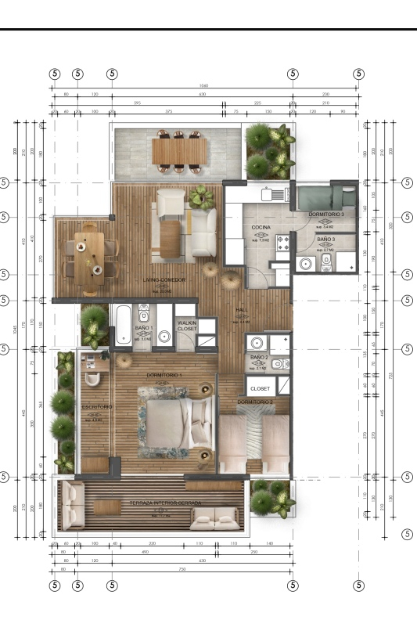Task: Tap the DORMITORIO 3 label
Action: click(x=326, y=214)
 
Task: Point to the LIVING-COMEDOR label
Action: click(x=164, y=279)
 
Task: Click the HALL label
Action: click(x=242, y=310)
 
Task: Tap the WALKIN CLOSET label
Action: click(x=187, y=326)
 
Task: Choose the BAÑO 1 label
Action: click(x=144, y=328)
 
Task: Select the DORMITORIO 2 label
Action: click(x=255, y=402)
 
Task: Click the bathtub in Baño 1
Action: click(x=124, y=325)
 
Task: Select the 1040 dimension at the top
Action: click(x=204, y=85)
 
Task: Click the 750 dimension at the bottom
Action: click(x=204, y=568)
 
